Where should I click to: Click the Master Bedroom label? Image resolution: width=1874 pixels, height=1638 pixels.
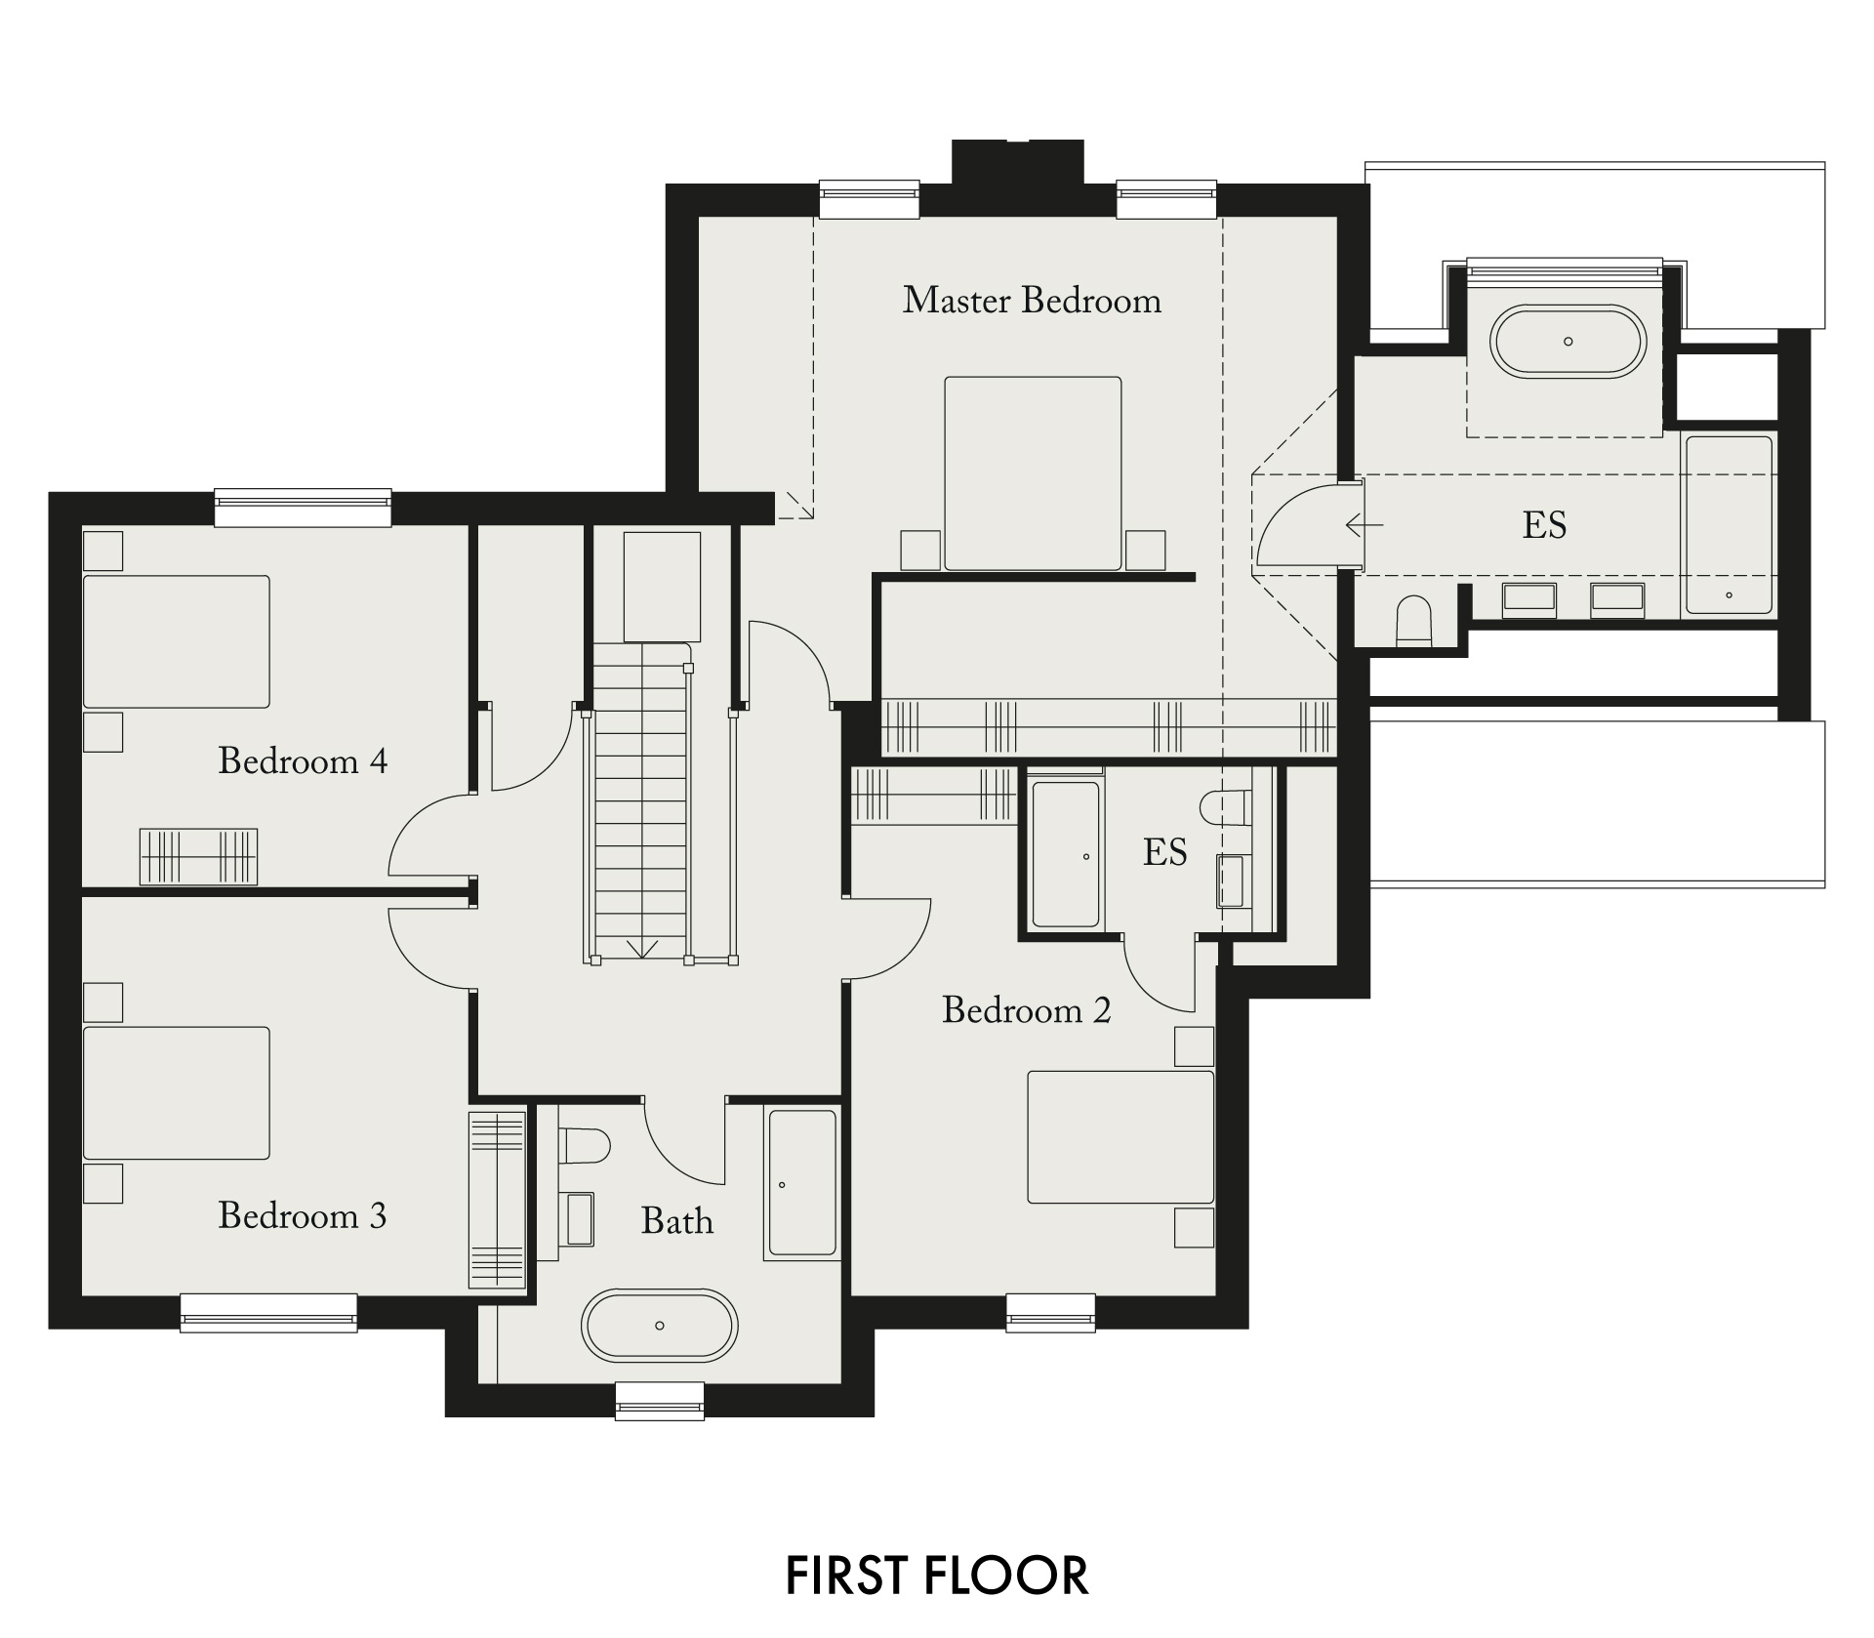(1032, 301)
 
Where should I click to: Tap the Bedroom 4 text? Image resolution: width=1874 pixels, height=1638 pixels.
(303, 760)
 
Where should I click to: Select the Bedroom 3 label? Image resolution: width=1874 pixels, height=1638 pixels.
(303, 1215)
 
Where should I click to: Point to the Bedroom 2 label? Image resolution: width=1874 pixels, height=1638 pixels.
(1027, 1009)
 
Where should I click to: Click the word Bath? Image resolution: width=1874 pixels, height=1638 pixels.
(677, 1221)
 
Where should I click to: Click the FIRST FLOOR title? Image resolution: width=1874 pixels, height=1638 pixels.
(937, 1576)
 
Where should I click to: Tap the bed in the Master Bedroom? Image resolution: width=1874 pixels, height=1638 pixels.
(1033, 473)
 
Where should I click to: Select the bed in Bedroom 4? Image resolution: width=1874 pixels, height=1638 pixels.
(176, 641)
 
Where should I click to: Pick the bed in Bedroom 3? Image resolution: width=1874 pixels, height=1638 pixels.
(176, 1092)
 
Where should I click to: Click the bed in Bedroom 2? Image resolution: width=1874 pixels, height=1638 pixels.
(1120, 1137)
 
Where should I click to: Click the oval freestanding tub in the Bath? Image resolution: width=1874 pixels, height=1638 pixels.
(660, 1326)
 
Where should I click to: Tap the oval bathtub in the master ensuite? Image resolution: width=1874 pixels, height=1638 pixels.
(1568, 342)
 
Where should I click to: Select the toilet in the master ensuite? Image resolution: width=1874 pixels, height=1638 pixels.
(1413, 620)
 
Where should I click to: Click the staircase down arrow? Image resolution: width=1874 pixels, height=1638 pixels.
(641, 946)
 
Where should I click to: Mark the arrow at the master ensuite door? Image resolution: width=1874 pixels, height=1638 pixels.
(1365, 525)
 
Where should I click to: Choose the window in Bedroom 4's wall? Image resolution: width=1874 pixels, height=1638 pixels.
(303, 507)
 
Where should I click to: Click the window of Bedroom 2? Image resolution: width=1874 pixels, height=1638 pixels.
(1050, 1313)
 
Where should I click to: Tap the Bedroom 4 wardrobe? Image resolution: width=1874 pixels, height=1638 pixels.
(199, 857)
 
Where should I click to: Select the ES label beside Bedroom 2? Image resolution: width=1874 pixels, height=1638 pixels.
(1165, 852)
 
